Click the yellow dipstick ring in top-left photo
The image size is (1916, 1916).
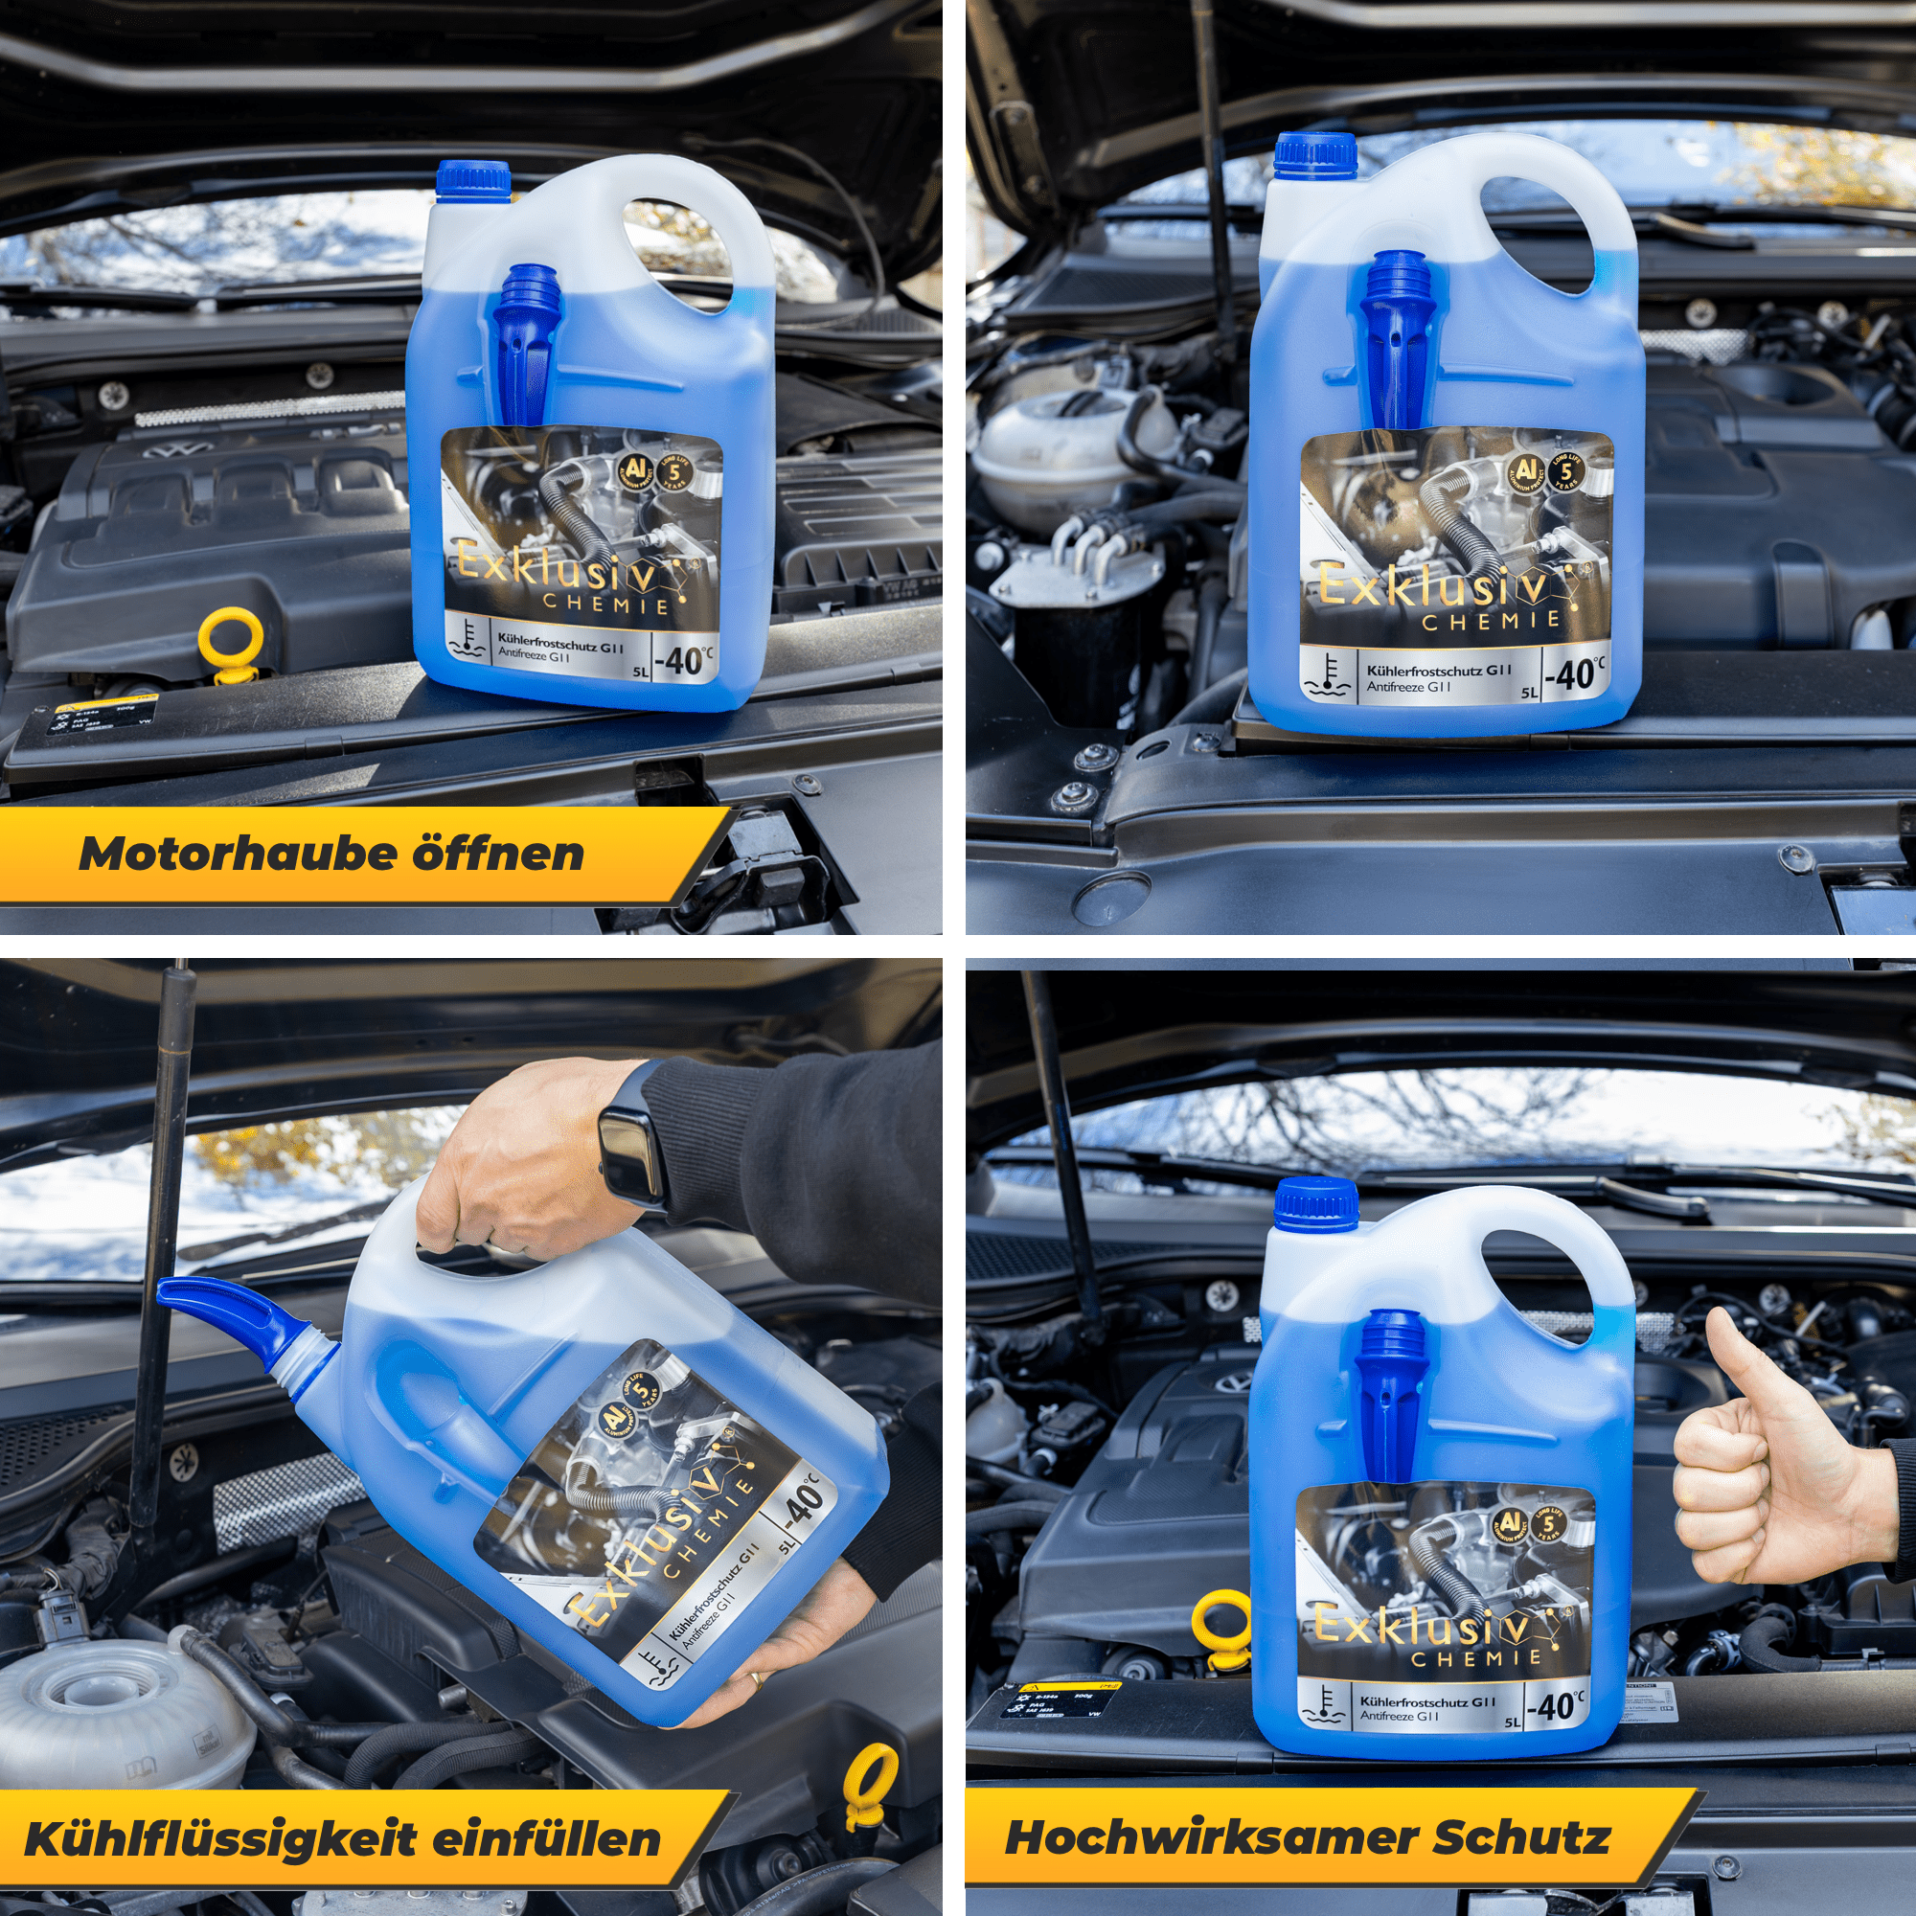(x=231, y=641)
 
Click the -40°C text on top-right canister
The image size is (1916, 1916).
(x=1577, y=675)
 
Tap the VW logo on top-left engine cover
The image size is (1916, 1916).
(x=166, y=452)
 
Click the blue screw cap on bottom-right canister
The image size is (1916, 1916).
(x=1315, y=1202)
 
